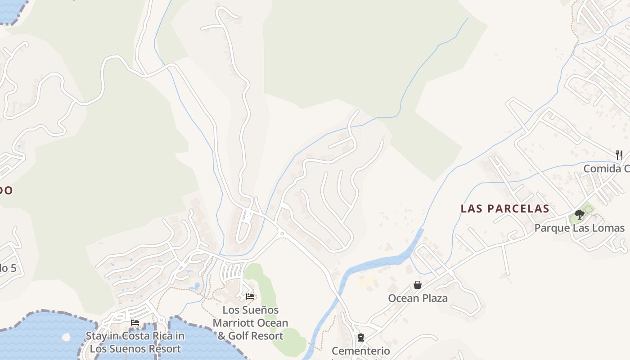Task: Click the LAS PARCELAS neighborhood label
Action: pos(505,209)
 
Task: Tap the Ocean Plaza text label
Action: pos(418,298)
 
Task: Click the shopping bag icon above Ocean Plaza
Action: pos(418,285)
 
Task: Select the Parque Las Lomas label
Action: pos(580,228)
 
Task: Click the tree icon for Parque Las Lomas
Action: pos(580,215)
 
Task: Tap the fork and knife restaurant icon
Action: pos(619,155)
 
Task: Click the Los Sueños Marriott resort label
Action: pos(251,323)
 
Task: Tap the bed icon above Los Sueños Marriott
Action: pos(250,297)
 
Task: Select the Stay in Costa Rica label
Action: pos(135,342)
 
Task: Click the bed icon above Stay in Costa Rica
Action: pos(135,323)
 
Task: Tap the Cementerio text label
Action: pos(361,351)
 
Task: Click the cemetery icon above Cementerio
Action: pos(360,337)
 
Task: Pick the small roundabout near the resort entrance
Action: pos(282,234)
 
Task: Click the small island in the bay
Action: pos(66,336)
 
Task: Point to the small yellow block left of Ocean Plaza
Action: pos(367,282)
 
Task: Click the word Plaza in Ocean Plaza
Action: pos(434,298)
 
